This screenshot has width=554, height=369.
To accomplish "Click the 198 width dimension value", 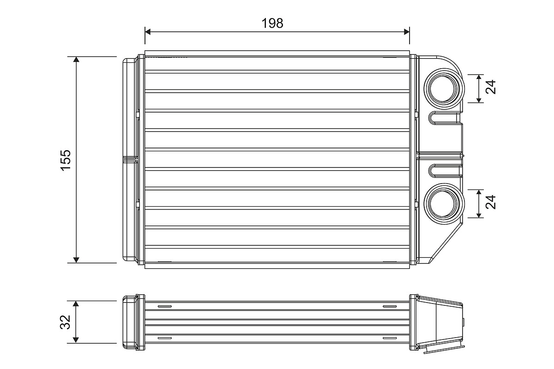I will pyautogui.click(x=272, y=23).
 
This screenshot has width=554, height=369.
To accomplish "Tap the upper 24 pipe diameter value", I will pyautogui.click(x=491, y=88).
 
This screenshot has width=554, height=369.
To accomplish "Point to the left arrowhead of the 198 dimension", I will pyautogui.click(x=148, y=31).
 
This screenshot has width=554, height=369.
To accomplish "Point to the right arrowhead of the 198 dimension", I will pyautogui.click(x=407, y=31).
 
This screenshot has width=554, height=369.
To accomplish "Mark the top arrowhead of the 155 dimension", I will pyautogui.click(x=77, y=60).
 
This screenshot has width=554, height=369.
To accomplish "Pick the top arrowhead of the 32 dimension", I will pyautogui.click(x=77, y=304).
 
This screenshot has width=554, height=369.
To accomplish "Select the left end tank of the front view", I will pyautogui.click(x=130, y=160).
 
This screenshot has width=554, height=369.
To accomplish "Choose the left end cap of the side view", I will pyautogui.click(x=130, y=322).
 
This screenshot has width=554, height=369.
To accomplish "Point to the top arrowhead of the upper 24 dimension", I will pyautogui.click(x=480, y=77).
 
